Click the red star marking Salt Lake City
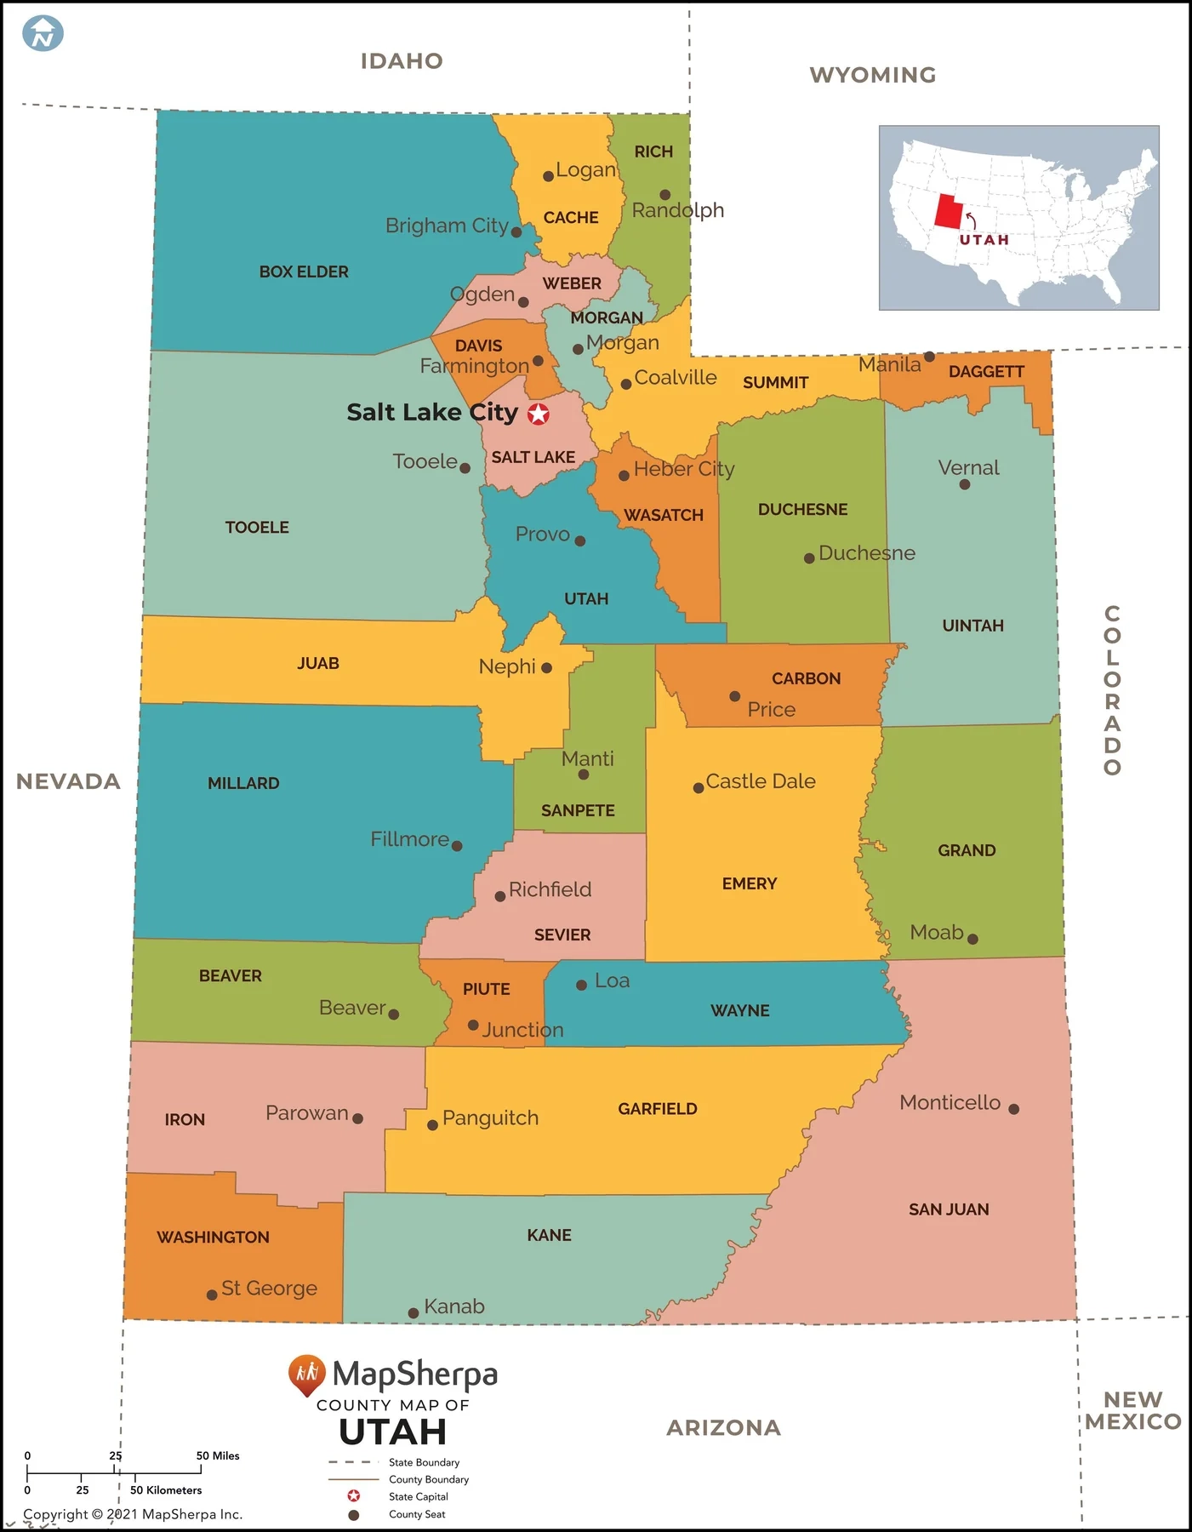coord(539,414)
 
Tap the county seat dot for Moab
coord(972,939)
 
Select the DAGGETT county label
coord(986,372)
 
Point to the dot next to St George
coord(212,1295)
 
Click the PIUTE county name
coord(486,989)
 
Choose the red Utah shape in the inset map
coord(948,211)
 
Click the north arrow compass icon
coord(43,34)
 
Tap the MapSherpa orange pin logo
coord(306,1374)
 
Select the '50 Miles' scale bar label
coord(218,1455)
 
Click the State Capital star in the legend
coord(354,1496)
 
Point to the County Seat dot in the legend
coord(354,1514)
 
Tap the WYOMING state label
coord(872,75)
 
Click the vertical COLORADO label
coord(1112,690)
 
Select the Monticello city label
coord(950,1102)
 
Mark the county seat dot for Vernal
coord(964,484)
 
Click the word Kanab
coord(454,1306)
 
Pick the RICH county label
coord(653,151)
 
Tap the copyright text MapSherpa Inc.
coord(133,1514)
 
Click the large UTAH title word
coord(392,1432)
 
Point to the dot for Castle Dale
coord(699,788)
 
